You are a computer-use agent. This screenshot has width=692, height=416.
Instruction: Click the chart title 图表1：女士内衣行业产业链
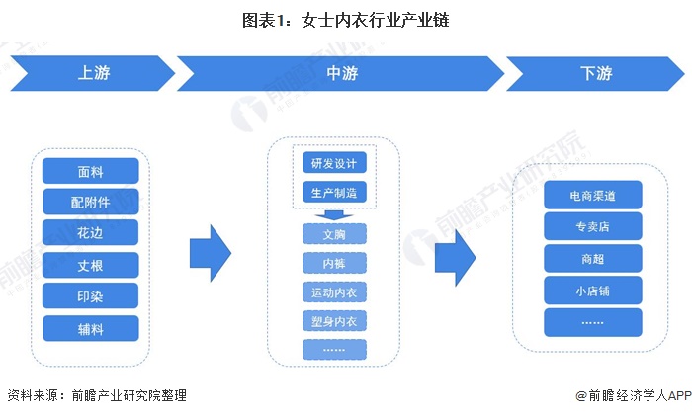(345, 20)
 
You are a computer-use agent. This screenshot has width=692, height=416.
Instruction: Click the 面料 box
(91, 171)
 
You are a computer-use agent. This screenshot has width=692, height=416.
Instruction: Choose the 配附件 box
(91, 203)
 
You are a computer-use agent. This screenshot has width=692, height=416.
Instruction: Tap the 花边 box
(91, 233)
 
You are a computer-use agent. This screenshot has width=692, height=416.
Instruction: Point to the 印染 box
(91, 296)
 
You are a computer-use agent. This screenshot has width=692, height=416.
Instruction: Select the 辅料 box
(91, 328)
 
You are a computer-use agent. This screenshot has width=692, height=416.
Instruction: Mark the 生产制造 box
(334, 191)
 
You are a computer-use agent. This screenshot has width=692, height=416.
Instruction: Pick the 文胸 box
(334, 234)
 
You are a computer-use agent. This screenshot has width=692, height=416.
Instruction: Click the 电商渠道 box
(593, 195)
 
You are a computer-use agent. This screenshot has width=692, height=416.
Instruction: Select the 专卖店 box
(593, 226)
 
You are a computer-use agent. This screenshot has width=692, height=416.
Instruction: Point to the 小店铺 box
(593, 291)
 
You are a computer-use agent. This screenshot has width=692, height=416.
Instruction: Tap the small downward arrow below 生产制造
(334, 214)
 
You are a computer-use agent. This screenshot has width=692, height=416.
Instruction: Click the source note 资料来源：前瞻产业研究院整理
(96, 395)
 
